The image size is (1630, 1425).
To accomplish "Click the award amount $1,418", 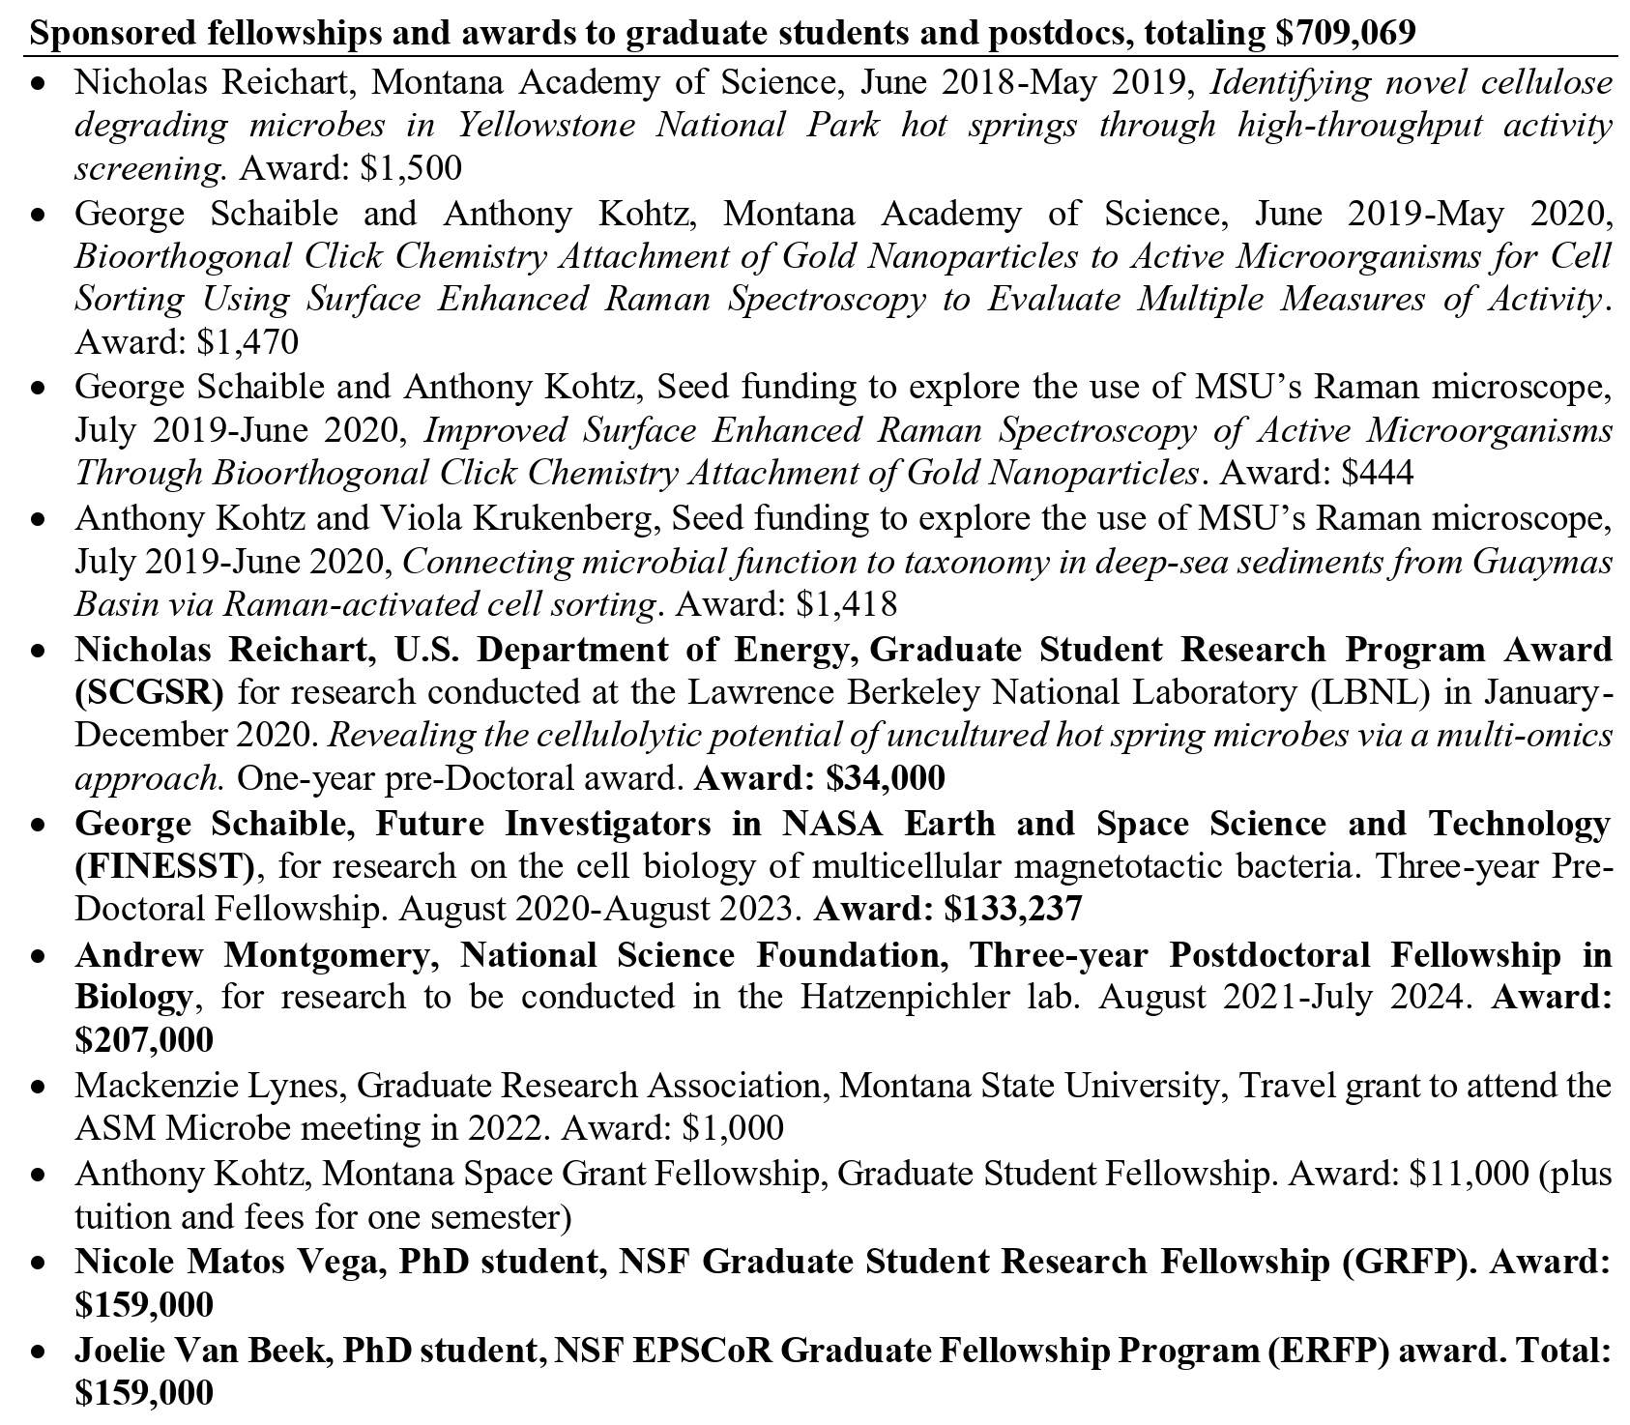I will click(846, 604).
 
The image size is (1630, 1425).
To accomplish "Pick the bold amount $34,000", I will click(886, 777).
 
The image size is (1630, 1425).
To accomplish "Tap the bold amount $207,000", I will click(144, 1040).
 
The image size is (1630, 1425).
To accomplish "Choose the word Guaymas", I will click(1543, 562).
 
